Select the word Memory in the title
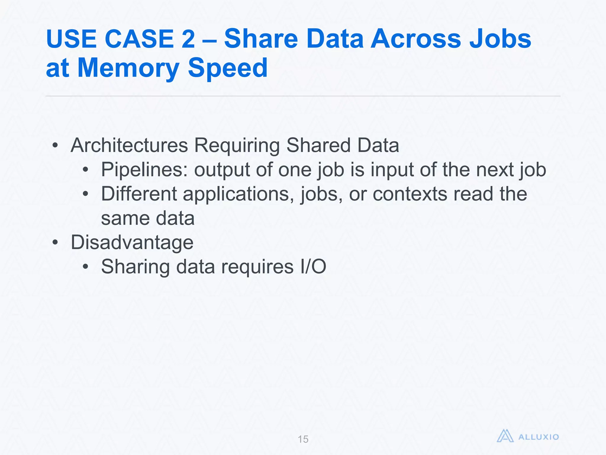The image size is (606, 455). tap(128, 68)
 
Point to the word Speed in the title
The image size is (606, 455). tap(228, 68)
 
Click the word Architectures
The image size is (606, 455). tap(129, 145)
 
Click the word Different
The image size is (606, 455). tap(139, 194)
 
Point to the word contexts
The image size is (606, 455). tap(410, 194)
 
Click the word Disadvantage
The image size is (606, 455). tap(132, 242)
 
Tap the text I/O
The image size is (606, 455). tap(313, 267)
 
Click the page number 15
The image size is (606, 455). tap(303, 439)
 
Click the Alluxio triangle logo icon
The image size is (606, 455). tap(505, 436)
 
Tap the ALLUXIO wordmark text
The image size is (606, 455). tap(539, 437)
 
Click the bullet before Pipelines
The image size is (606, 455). tap(86, 170)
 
